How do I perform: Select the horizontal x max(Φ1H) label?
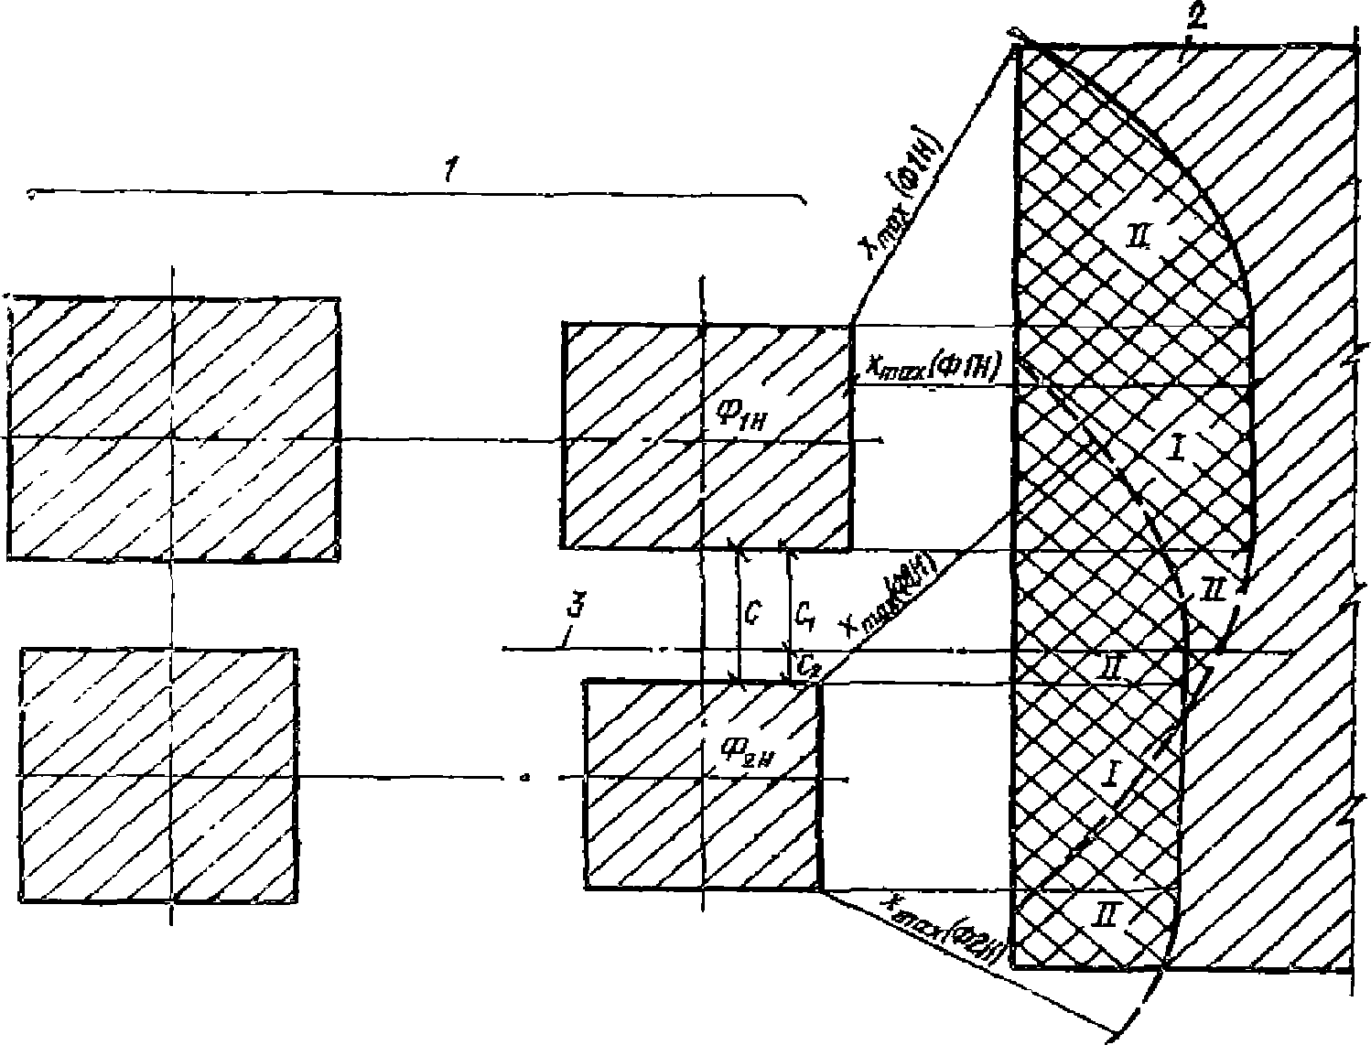(x=932, y=366)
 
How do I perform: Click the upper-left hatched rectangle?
(x=174, y=427)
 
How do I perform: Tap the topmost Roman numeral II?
(x=1145, y=240)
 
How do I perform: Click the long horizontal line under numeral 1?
(x=412, y=193)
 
